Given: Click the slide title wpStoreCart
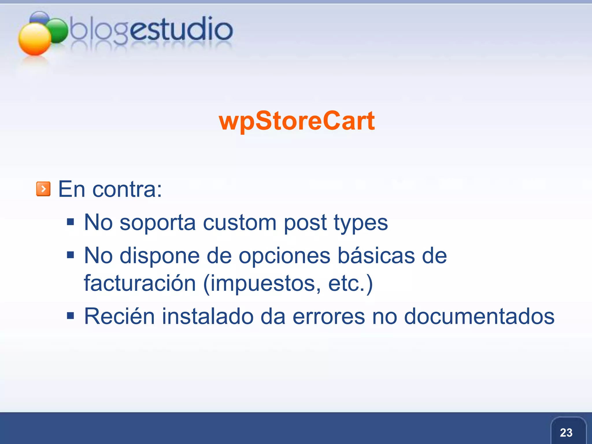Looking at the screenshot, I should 297,121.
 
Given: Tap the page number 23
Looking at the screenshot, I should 566,433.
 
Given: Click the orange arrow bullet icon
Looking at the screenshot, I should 43,189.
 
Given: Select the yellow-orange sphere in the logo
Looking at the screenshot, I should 35,39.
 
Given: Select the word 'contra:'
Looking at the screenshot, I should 127,190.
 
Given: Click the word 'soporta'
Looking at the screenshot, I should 158,223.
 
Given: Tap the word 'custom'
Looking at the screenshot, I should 240,223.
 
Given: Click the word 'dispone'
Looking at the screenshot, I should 160,256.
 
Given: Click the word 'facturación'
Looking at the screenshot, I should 140,283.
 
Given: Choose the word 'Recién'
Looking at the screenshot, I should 119,316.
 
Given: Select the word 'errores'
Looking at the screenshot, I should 329,317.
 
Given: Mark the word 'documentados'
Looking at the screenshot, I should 479,316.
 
